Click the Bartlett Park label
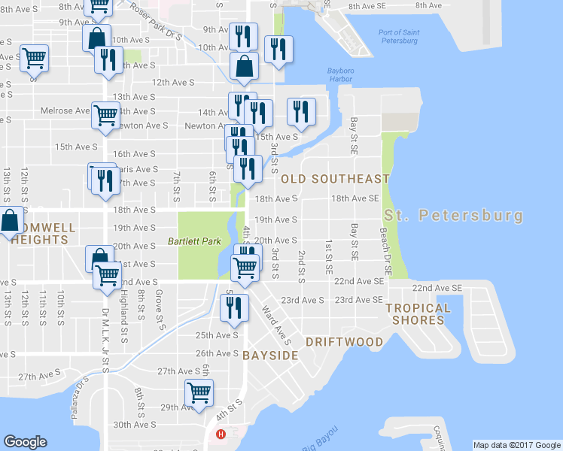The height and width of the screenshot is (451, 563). point(195,243)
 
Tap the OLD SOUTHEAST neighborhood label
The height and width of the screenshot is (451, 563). point(335,179)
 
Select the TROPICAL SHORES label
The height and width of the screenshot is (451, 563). point(418,313)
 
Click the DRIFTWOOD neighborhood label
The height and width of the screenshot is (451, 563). point(344,341)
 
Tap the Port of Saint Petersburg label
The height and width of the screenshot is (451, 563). point(398,36)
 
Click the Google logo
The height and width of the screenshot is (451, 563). point(25,442)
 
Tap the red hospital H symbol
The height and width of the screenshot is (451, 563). point(221,434)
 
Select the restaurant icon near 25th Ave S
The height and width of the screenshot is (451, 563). point(234,307)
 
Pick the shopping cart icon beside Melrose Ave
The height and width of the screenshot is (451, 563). point(105,116)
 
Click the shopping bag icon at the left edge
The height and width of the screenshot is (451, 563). point(9,222)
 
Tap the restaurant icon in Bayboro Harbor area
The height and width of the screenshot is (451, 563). point(300,112)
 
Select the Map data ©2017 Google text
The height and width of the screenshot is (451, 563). point(517,445)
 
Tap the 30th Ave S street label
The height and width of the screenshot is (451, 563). point(135,425)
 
